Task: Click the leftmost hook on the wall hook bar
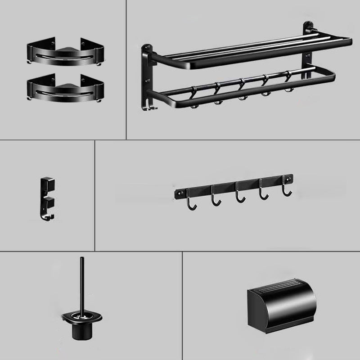pyautogui.click(x=194, y=203)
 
